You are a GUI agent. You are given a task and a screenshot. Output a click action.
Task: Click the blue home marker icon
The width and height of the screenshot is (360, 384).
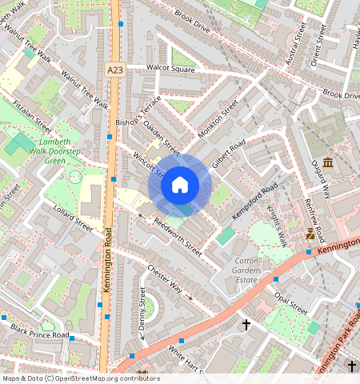click(x=180, y=186)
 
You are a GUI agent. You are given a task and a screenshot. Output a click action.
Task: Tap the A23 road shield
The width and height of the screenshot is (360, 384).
click(x=115, y=70)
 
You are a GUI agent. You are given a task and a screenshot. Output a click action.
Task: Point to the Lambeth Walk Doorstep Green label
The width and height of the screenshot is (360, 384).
click(x=66, y=150)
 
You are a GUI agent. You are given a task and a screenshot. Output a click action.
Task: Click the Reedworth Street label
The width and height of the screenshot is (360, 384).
click(x=177, y=237)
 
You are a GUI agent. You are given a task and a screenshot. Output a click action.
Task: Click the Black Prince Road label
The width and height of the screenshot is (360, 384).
click(x=40, y=333)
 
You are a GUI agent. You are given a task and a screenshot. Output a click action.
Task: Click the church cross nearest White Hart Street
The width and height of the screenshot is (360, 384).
click(x=246, y=325)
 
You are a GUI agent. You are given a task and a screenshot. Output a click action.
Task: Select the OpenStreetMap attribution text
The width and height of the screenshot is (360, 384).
click(x=80, y=378)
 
